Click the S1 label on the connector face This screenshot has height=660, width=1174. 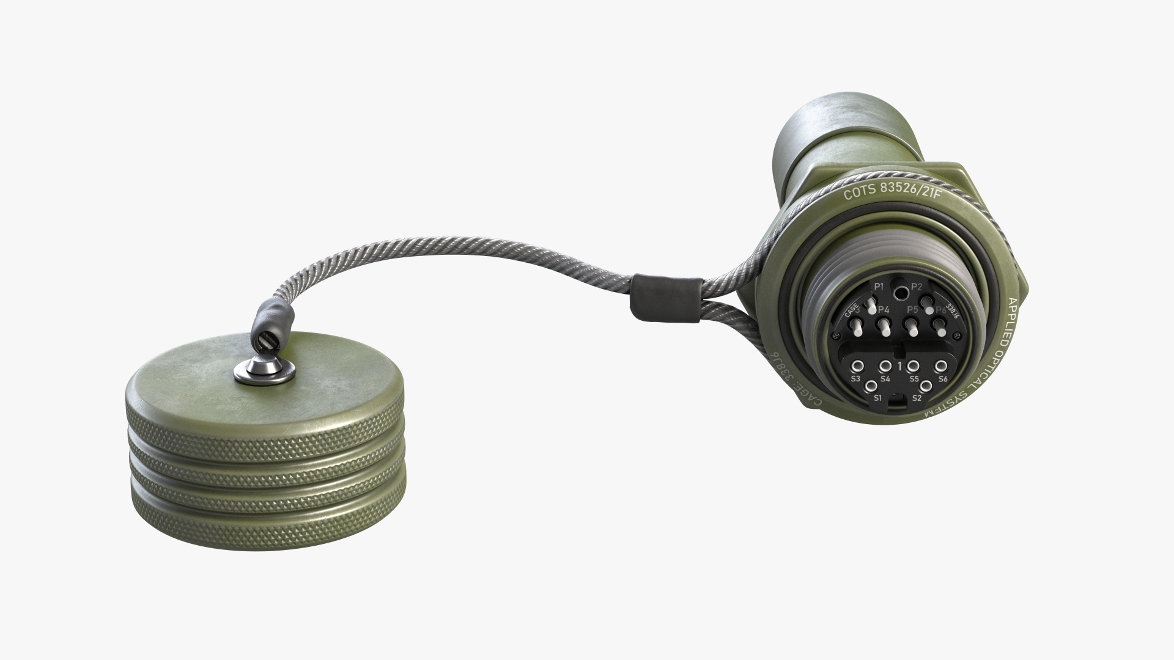877,398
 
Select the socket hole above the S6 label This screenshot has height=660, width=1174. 941,366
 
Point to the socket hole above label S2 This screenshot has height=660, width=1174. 926,386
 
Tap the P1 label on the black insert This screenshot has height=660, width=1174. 879,287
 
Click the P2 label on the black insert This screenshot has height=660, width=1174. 916,287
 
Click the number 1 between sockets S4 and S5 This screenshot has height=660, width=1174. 900,366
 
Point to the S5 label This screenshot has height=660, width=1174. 914,378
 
